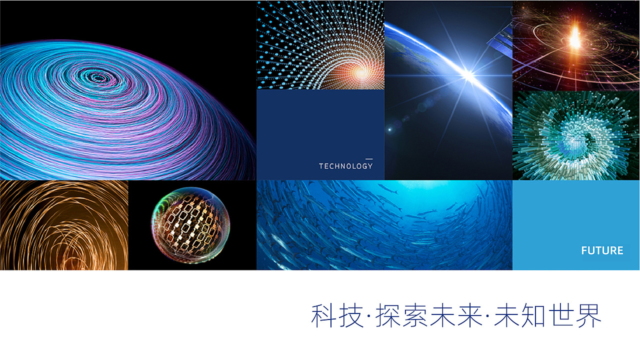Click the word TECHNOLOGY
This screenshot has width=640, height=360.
[x=345, y=166]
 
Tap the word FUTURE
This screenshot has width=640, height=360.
[x=602, y=250]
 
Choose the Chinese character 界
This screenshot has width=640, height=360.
[x=588, y=315]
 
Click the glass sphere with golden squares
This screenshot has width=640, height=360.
[x=190, y=225]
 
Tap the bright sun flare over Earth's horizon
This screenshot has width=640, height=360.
[x=468, y=75]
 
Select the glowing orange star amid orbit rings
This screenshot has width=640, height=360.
[x=575, y=37]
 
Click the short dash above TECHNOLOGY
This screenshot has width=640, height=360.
[x=369, y=159]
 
